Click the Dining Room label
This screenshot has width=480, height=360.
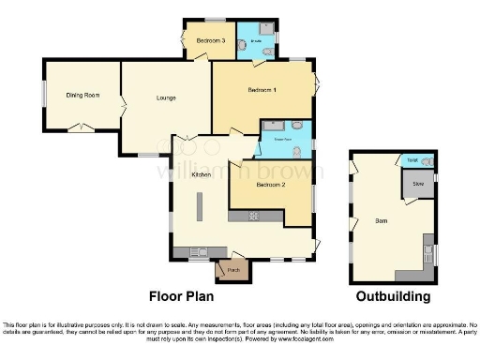tap(82, 96)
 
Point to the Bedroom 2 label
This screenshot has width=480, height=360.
tap(270, 185)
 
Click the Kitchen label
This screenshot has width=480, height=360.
tap(201, 175)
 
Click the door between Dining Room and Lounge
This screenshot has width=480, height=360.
tap(121, 98)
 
